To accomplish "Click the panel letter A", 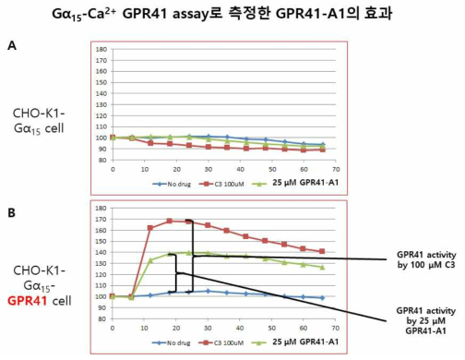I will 11,44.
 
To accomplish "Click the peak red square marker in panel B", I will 169,221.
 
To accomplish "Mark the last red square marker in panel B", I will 321,251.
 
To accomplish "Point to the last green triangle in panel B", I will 321,268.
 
